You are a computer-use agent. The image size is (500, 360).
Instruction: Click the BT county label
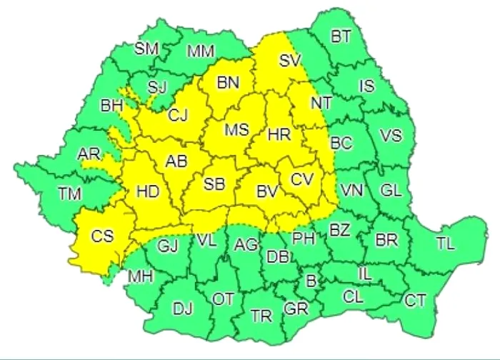pos(341,37)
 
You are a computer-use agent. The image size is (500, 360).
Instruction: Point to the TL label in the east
pos(445,244)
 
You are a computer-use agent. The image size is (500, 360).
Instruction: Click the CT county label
pos(416,301)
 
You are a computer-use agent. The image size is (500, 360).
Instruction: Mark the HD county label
pos(147,191)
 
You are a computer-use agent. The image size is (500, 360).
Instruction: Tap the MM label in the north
pos(203,51)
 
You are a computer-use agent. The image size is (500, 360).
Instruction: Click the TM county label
pos(70,193)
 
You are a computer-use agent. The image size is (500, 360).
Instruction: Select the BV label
pos(267,191)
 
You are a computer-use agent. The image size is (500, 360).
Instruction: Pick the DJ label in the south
pos(184,309)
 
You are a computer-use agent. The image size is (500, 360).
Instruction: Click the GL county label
pos(391,191)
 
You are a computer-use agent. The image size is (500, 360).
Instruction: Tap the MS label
pos(236,130)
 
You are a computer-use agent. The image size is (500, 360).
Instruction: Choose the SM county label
pos(147,49)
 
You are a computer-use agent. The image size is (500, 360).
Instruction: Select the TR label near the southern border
pos(261,314)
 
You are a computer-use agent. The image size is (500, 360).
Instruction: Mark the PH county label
pos(304,238)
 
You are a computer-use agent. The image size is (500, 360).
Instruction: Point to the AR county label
pos(89,154)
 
